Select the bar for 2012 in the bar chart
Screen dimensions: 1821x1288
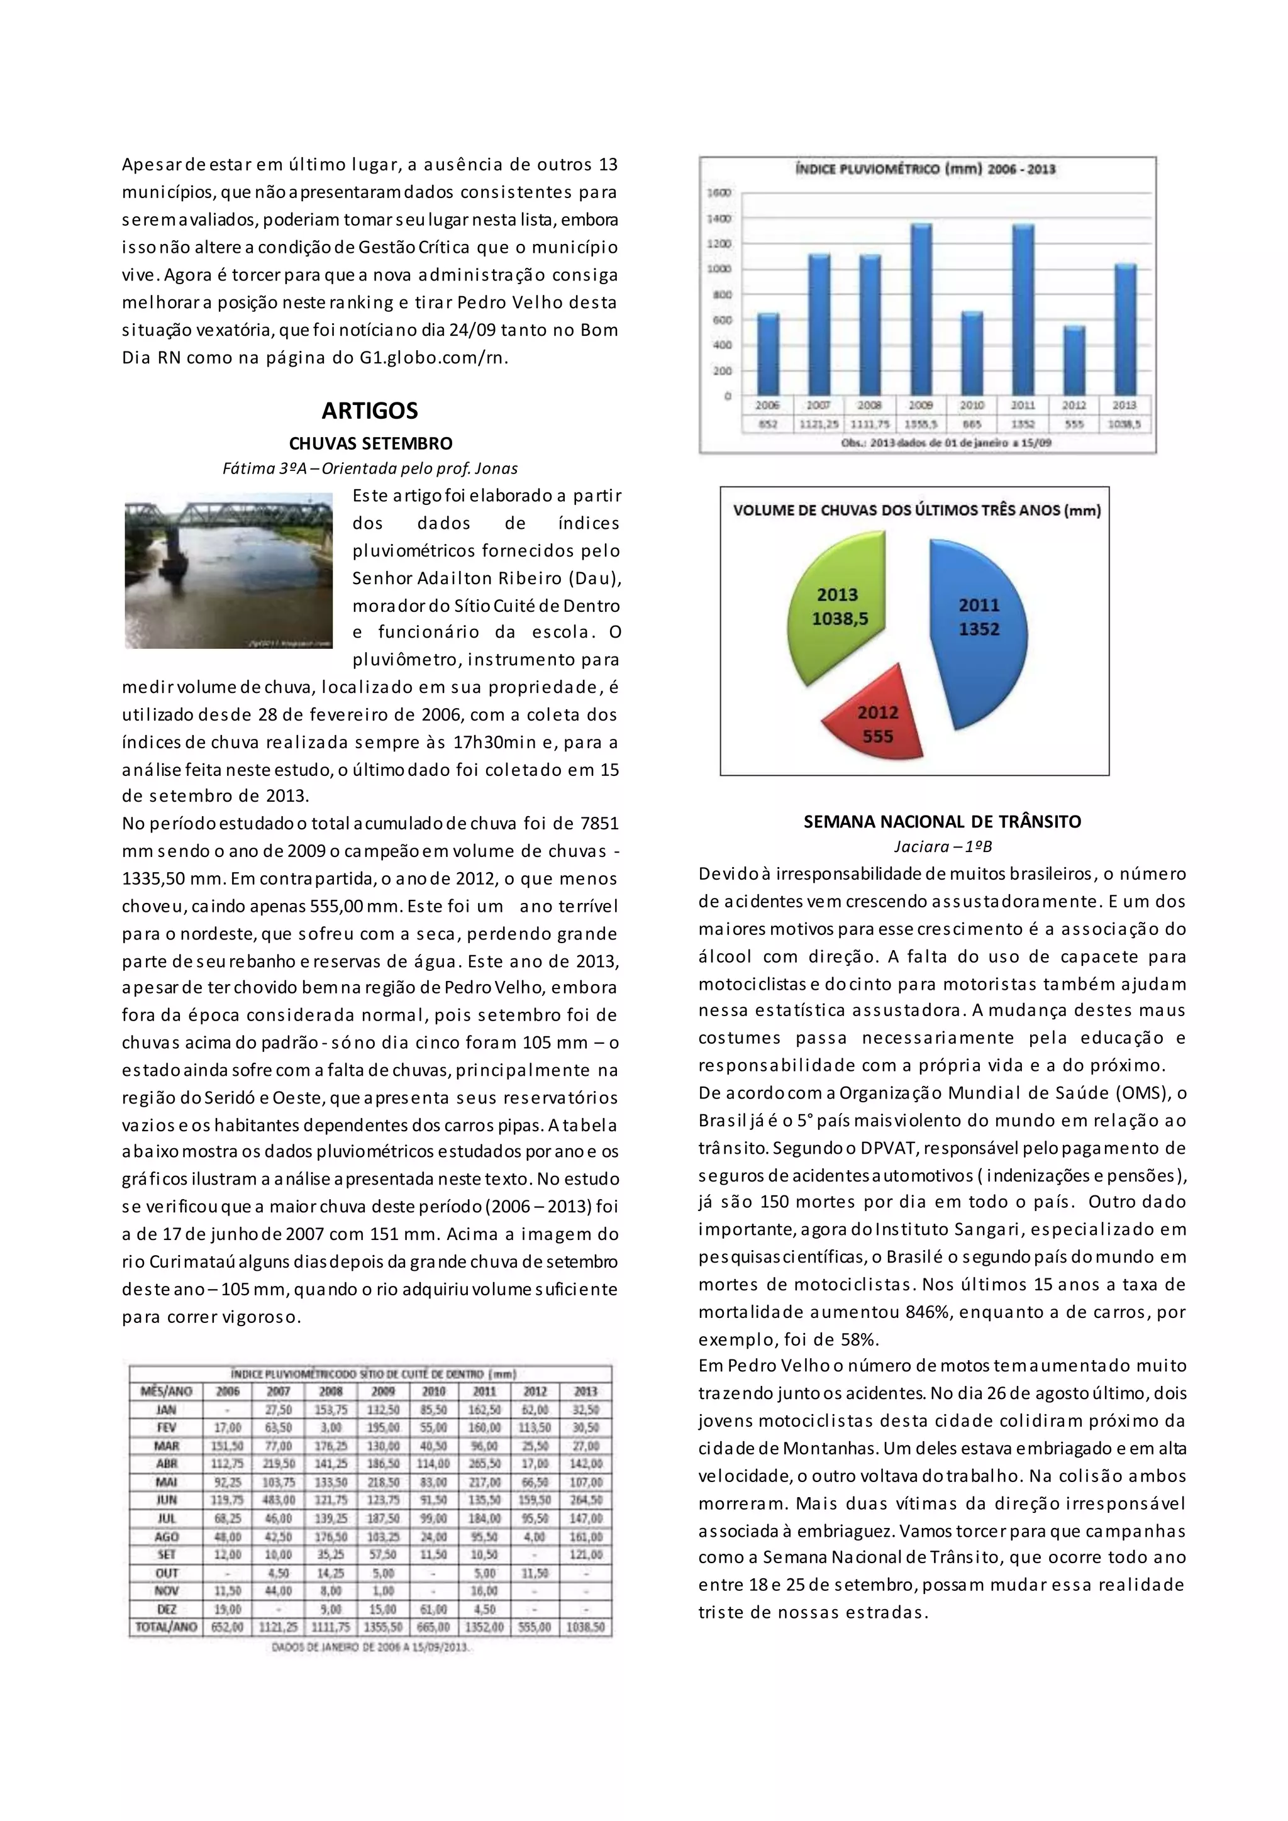tap(1074, 361)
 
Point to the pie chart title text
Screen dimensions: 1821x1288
tap(917, 511)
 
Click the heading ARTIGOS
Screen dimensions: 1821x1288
tap(370, 411)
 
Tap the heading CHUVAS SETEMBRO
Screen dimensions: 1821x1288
tap(370, 443)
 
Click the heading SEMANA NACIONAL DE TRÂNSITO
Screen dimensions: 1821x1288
tap(942, 822)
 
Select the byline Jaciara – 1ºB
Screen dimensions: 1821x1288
tap(942, 846)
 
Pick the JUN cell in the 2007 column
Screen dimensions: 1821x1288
tap(279, 1500)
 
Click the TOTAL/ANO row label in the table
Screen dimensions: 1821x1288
tap(166, 1627)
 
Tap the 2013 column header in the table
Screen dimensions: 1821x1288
tap(586, 1391)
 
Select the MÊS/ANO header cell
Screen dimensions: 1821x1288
tap(166, 1391)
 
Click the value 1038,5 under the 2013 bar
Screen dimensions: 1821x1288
tap(1124, 424)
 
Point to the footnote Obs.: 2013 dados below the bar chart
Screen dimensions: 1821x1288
tap(945, 443)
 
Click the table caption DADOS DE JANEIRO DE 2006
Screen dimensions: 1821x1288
tap(370, 1647)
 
